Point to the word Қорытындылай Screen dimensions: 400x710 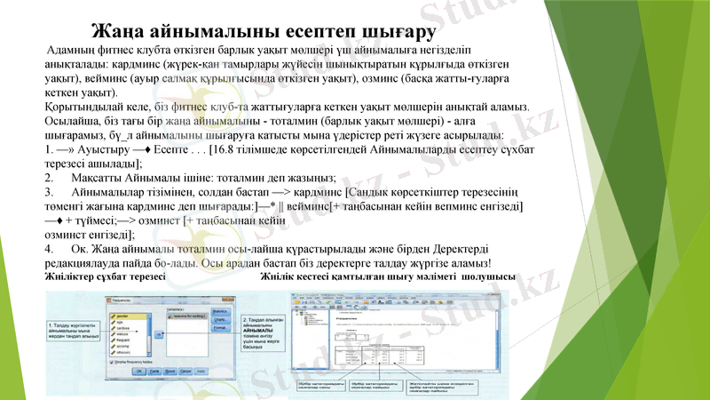pyautogui.click(x=85, y=106)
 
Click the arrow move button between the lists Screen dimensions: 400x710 pyautogui.click(x=160, y=333)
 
